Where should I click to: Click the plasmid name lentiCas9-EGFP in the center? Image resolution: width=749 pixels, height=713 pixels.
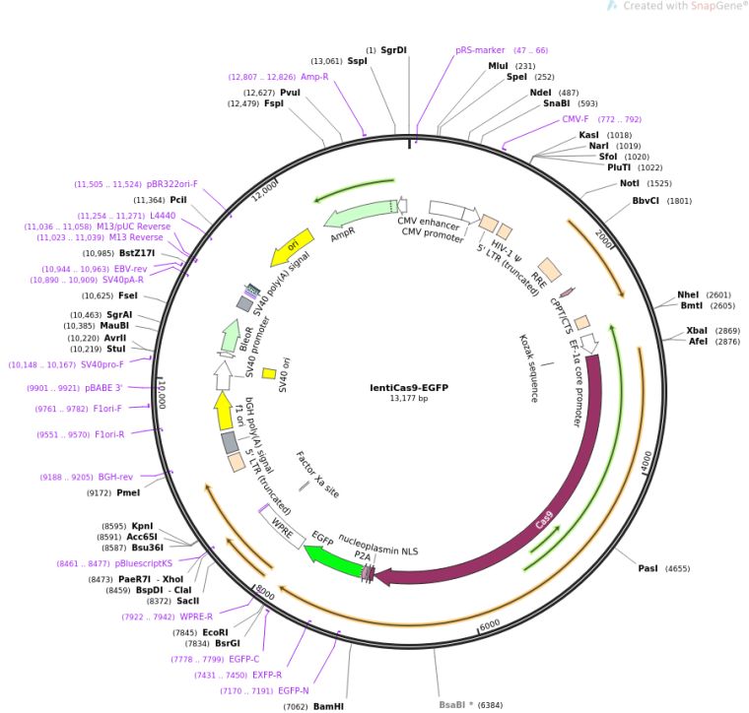[x=406, y=387]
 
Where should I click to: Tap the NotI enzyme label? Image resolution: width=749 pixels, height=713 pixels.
[x=631, y=182]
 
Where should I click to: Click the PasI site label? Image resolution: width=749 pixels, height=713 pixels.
[x=647, y=568]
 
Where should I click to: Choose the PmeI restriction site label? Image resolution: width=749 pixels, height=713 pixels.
[x=128, y=492]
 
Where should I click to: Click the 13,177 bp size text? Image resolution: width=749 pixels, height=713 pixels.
[x=407, y=399]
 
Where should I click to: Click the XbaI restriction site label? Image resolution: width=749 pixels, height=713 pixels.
[x=697, y=330]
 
